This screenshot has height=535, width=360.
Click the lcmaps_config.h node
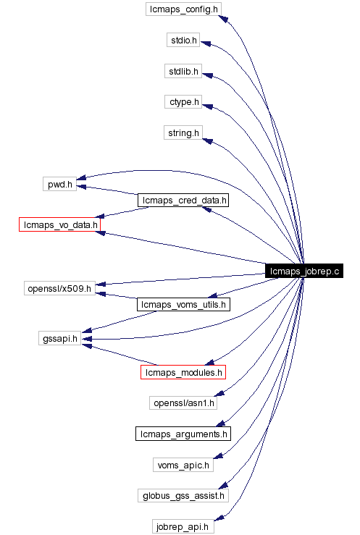coord(183,10)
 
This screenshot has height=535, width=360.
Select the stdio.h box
coord(183,41)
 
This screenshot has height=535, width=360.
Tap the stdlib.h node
coord(183,72)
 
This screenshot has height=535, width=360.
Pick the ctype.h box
coord(183,102)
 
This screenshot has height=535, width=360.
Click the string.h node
coord(183,133)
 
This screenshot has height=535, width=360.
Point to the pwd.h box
coord(59,184)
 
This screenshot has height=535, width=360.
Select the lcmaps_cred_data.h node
coord(183,200)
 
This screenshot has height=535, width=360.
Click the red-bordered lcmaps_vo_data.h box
coord(59,225)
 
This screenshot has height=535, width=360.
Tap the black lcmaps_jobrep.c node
coord(304,271)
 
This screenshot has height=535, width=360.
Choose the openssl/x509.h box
coord(59,289)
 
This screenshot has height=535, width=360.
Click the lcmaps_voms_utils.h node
coord(183,305)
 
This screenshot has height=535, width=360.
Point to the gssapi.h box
coord(59,338)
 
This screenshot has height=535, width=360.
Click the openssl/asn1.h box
coord(183,403)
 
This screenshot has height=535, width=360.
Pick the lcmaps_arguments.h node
coord(183,434)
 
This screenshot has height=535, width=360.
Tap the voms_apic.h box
coord(183,464)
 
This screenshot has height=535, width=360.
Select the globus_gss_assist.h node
coord(183,495)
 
